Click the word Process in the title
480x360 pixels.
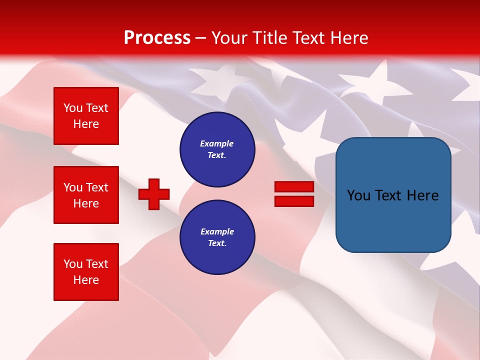click(157, 38)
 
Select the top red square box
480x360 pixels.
click(86, 116)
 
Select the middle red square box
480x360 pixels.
click(86, 195)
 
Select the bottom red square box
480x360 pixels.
click(86, 272)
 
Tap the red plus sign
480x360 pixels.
click(154, 194)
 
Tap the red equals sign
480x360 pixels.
click(294, 194)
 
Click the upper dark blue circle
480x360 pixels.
click(217, 149)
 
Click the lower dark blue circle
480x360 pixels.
click(217, 237)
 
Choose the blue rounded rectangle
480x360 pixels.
click(393, 195)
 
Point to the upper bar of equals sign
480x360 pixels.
click(294, 187)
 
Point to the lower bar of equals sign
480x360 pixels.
click(294, 201)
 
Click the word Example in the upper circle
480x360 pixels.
click(217, 143)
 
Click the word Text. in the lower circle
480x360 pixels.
click(217, 243)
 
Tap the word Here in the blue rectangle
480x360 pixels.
click(422, 195)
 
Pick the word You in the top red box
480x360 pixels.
click(73, 108)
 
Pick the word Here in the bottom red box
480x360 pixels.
click(86, 280)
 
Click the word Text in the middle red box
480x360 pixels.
click(97, 187)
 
